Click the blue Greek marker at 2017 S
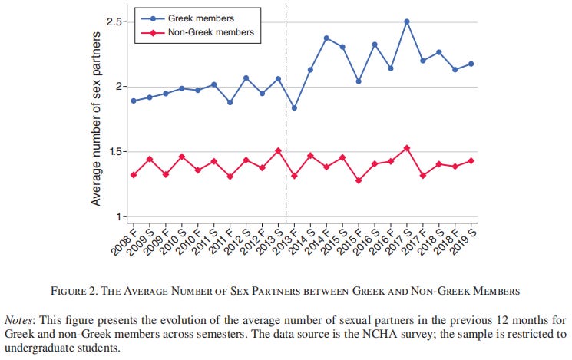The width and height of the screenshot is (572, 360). click(x=407, y=21)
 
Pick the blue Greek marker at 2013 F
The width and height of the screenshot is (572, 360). click(x=294, y=107)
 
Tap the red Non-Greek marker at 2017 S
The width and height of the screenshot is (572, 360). click(x=407, y=148)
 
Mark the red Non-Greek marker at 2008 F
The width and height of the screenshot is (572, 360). click(x=134, y=175)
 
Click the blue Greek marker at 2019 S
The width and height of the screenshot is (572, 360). click(x=471, y=64)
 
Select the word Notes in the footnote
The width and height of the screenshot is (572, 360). click(x=21, y=318)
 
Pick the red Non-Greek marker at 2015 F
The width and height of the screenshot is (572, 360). click(x=359, y=181)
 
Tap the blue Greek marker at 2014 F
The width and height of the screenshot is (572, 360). click(x=326, y=38)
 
